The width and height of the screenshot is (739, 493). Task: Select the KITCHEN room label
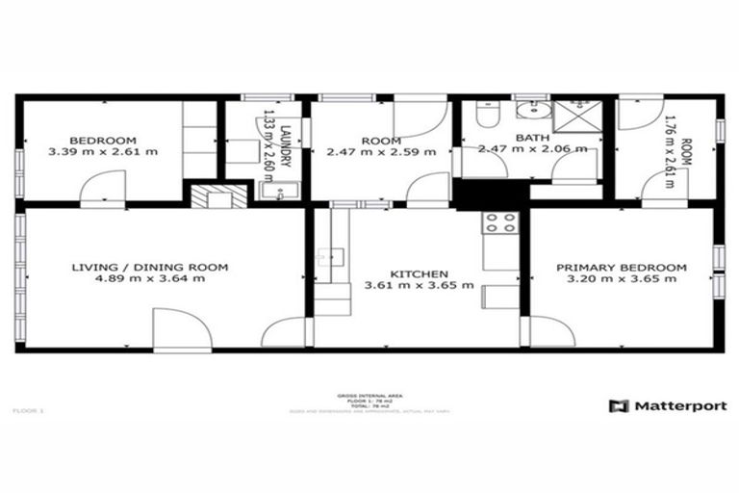point(419,272)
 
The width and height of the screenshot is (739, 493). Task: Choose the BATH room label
point(532,139)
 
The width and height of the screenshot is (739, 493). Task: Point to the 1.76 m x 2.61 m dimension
point(672,152)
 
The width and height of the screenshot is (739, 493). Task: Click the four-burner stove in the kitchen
point(499,223)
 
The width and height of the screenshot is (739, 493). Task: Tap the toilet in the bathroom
point(486,117)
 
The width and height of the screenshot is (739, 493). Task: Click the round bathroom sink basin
point(529,110)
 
